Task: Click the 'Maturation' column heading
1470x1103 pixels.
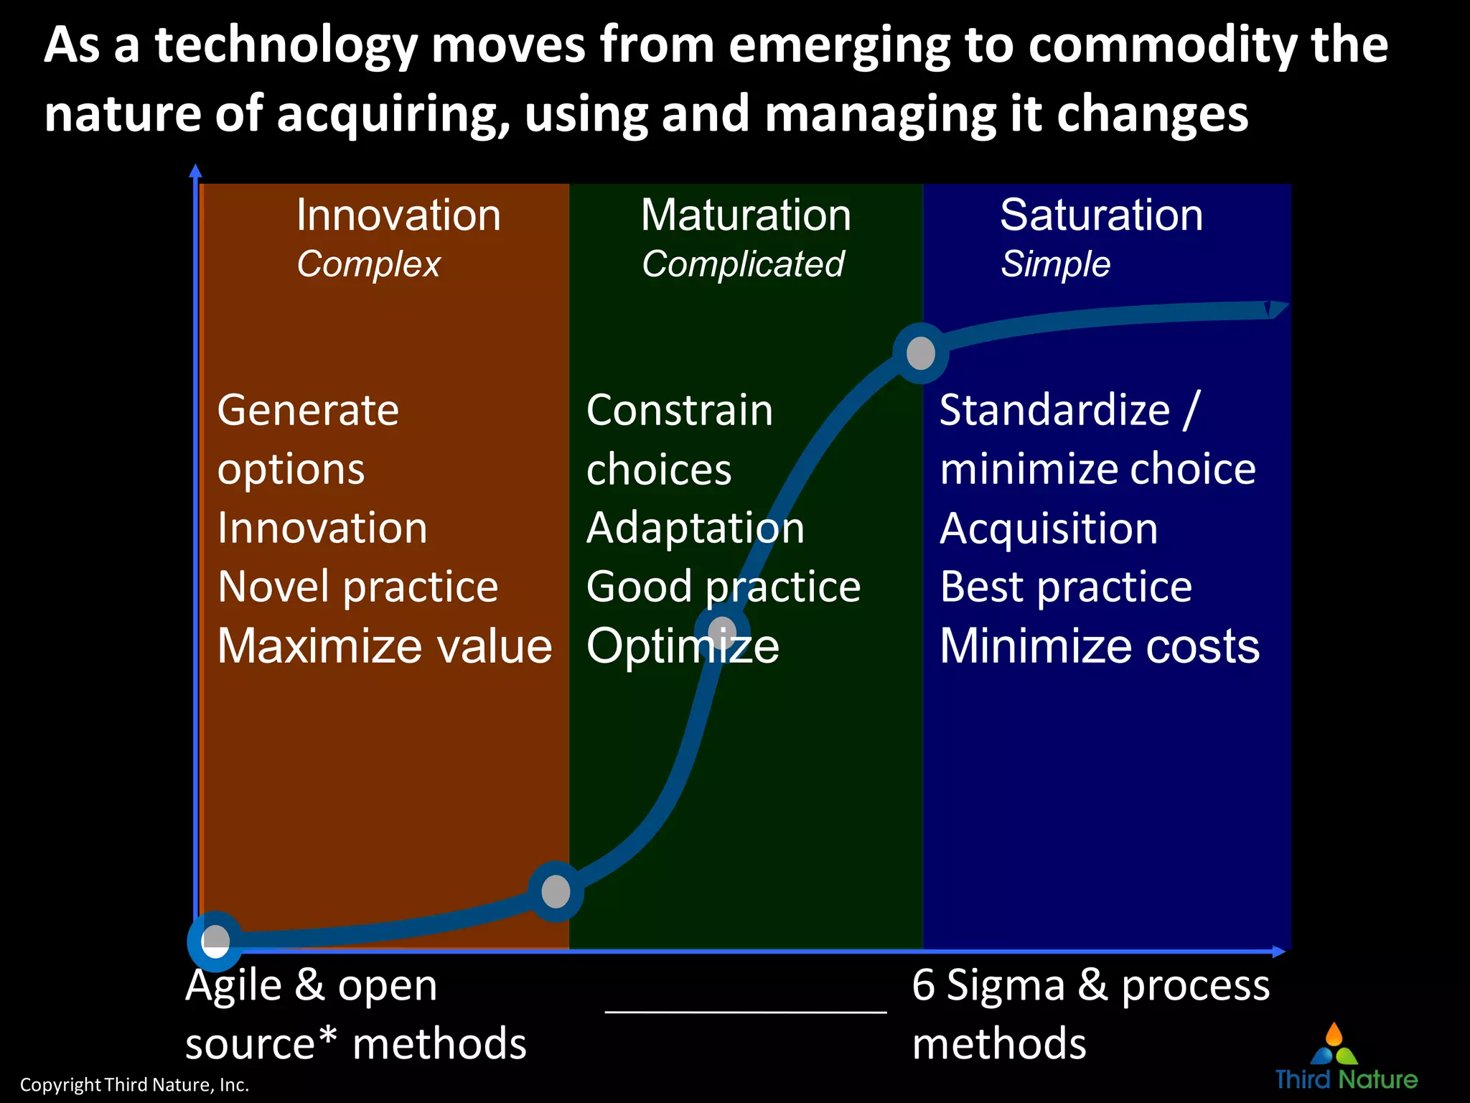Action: pyautogui.click(x=746, y=215)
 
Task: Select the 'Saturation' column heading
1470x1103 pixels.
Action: pyautogui.click(x=1101, y=215)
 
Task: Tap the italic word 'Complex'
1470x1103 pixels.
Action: pyautogui.click(x=368, y=264)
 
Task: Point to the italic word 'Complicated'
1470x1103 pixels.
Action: pyautogui.click(x=743, y=264)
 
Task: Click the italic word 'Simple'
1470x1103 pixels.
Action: pyautogui.click(x=1055, y=264)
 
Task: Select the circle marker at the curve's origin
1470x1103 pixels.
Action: pyautogui.click(x=215, y=940)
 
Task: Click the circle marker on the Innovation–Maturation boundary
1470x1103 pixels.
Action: pyautogui.click(x=556, y=891)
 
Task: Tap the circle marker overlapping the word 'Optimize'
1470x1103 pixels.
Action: pyautogui.click(x=722, y=633)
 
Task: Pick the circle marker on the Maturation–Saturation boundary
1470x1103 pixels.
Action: pyautogui.click(x=921, y=353)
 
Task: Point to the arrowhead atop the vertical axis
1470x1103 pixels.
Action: pyautogui.click(x=195, y=171)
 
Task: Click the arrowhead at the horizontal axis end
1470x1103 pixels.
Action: pyautogui.click(x=1279, y=951)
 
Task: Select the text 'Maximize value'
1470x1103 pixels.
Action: pyautogui.click(x=385, y=646)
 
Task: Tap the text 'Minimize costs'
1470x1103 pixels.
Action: pyautogui.click(x=1100, y=646)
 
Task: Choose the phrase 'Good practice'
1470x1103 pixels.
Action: pyautogui.click(x=723, y=587)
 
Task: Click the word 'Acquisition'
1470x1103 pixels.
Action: pyautogui.click(x=1049, y=529)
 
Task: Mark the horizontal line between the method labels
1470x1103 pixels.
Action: pyautogui.click(x=746, y=1011)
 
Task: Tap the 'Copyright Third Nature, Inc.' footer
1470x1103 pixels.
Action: pyautogui.click(x=134, y=1084)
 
